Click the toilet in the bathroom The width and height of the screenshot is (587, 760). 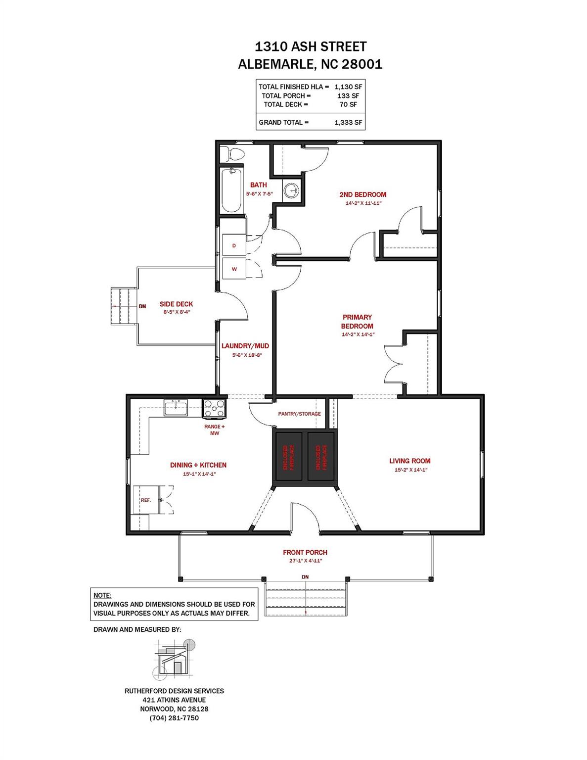coord(233,153)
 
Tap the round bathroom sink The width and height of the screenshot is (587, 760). coord(291,191)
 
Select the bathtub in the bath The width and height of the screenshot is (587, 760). coord(231,190)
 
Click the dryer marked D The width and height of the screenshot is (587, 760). coord(234,245)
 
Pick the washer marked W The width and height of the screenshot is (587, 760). coord(234,269)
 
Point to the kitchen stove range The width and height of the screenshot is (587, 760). coord(214,409)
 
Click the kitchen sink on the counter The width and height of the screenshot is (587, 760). coord(176,408)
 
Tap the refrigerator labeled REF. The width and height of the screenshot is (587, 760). coord(146,500)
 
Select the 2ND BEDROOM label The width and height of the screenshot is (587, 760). coord(363,194)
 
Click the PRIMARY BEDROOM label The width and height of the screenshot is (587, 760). coord(357,322)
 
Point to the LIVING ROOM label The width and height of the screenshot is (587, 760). coord(410,461)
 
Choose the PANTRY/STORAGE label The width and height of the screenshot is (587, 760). coord(300,414)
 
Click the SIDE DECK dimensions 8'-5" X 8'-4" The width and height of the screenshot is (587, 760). coord(177,312)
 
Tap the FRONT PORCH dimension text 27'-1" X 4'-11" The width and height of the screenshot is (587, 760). coord(305,561)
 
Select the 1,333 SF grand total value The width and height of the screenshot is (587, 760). coord(348,122)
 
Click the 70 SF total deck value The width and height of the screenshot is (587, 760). coord(348,104)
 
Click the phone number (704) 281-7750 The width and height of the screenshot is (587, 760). coord(174,718)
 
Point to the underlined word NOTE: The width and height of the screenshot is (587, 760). coord(102,595)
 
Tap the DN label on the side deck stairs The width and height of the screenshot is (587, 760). coord(142,306)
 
